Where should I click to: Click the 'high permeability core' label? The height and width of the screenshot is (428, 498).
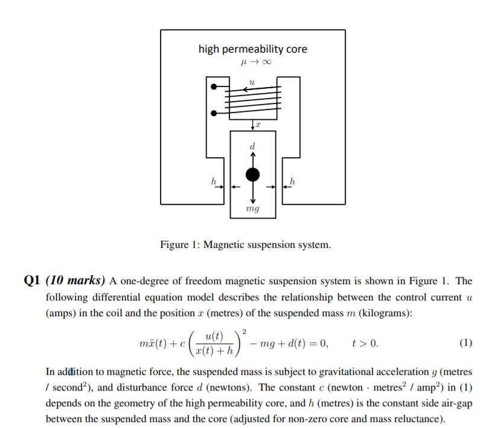[252, 49]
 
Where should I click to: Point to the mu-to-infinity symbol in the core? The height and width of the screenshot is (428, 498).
[252, 62]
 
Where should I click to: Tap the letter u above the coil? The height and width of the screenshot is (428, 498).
[252, 82]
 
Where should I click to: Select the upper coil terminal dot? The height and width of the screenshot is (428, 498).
[213, 87]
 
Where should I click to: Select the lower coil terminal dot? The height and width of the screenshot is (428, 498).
[213, 113]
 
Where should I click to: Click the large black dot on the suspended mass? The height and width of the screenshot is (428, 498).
[253, 175]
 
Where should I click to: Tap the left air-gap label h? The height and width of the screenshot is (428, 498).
[212, 181]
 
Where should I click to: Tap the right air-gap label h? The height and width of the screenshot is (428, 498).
[293, 181]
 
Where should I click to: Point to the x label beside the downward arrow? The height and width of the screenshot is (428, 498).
[258, 125]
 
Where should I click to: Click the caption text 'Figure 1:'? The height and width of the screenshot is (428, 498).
[179, 245]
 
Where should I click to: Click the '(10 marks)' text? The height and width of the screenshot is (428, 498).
[75, 280]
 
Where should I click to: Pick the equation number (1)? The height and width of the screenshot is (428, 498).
[465, 343]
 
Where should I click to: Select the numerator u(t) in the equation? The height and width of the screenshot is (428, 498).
[213, 336]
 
